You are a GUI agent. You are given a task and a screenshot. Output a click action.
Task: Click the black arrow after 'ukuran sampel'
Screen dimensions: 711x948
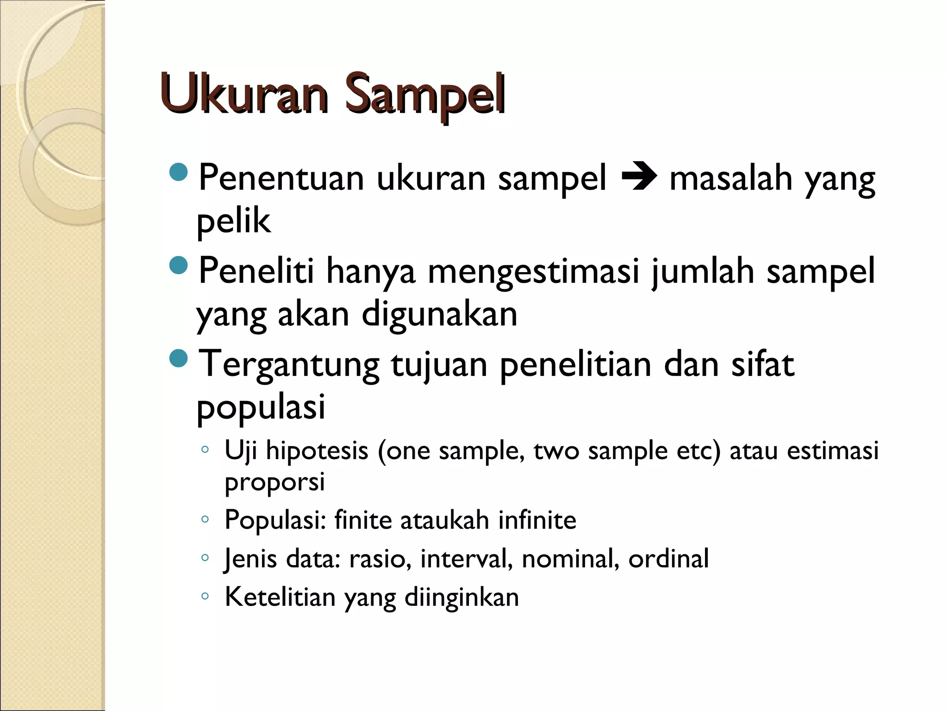638,178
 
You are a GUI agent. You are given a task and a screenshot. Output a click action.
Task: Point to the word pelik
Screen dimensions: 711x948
233,221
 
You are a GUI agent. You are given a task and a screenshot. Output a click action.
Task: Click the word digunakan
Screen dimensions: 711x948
439,315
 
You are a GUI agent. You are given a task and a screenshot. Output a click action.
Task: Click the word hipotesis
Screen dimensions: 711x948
317,450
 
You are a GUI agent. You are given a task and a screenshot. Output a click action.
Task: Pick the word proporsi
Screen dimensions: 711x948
274,482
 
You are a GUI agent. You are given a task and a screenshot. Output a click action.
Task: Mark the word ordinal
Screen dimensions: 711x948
668,558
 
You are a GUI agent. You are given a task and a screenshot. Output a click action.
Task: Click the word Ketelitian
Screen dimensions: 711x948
280,597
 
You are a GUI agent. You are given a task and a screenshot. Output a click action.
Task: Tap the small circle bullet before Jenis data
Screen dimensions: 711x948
205,558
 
